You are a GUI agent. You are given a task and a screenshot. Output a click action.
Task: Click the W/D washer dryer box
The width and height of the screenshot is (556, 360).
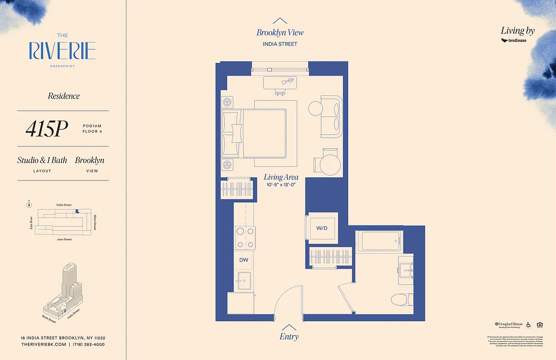click(x=322, y=228)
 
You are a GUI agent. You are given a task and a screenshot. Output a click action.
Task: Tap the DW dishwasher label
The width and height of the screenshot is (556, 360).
click(x=243, y=260)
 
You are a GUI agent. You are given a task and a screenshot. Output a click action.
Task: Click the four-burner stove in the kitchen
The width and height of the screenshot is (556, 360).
click(x=245, y=238)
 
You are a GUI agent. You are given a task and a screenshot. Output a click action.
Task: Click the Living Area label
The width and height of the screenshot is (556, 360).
click(x=281, y=177)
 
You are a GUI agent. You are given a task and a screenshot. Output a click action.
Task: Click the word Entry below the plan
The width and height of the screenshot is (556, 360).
click(x=289, y=337)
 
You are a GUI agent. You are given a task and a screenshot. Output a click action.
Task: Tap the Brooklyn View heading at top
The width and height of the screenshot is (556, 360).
click(x=280, y=32)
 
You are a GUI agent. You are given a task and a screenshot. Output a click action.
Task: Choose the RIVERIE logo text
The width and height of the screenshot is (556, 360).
click(x=62, y=51)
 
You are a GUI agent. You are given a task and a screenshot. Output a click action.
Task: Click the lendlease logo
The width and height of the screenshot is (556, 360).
click(x=514, y=40)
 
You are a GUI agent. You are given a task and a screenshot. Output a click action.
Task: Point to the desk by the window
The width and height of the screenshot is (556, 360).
click(x=280, y=82)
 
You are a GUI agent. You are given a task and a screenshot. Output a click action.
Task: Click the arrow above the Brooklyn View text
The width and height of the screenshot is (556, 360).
click(x=280, y=20)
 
